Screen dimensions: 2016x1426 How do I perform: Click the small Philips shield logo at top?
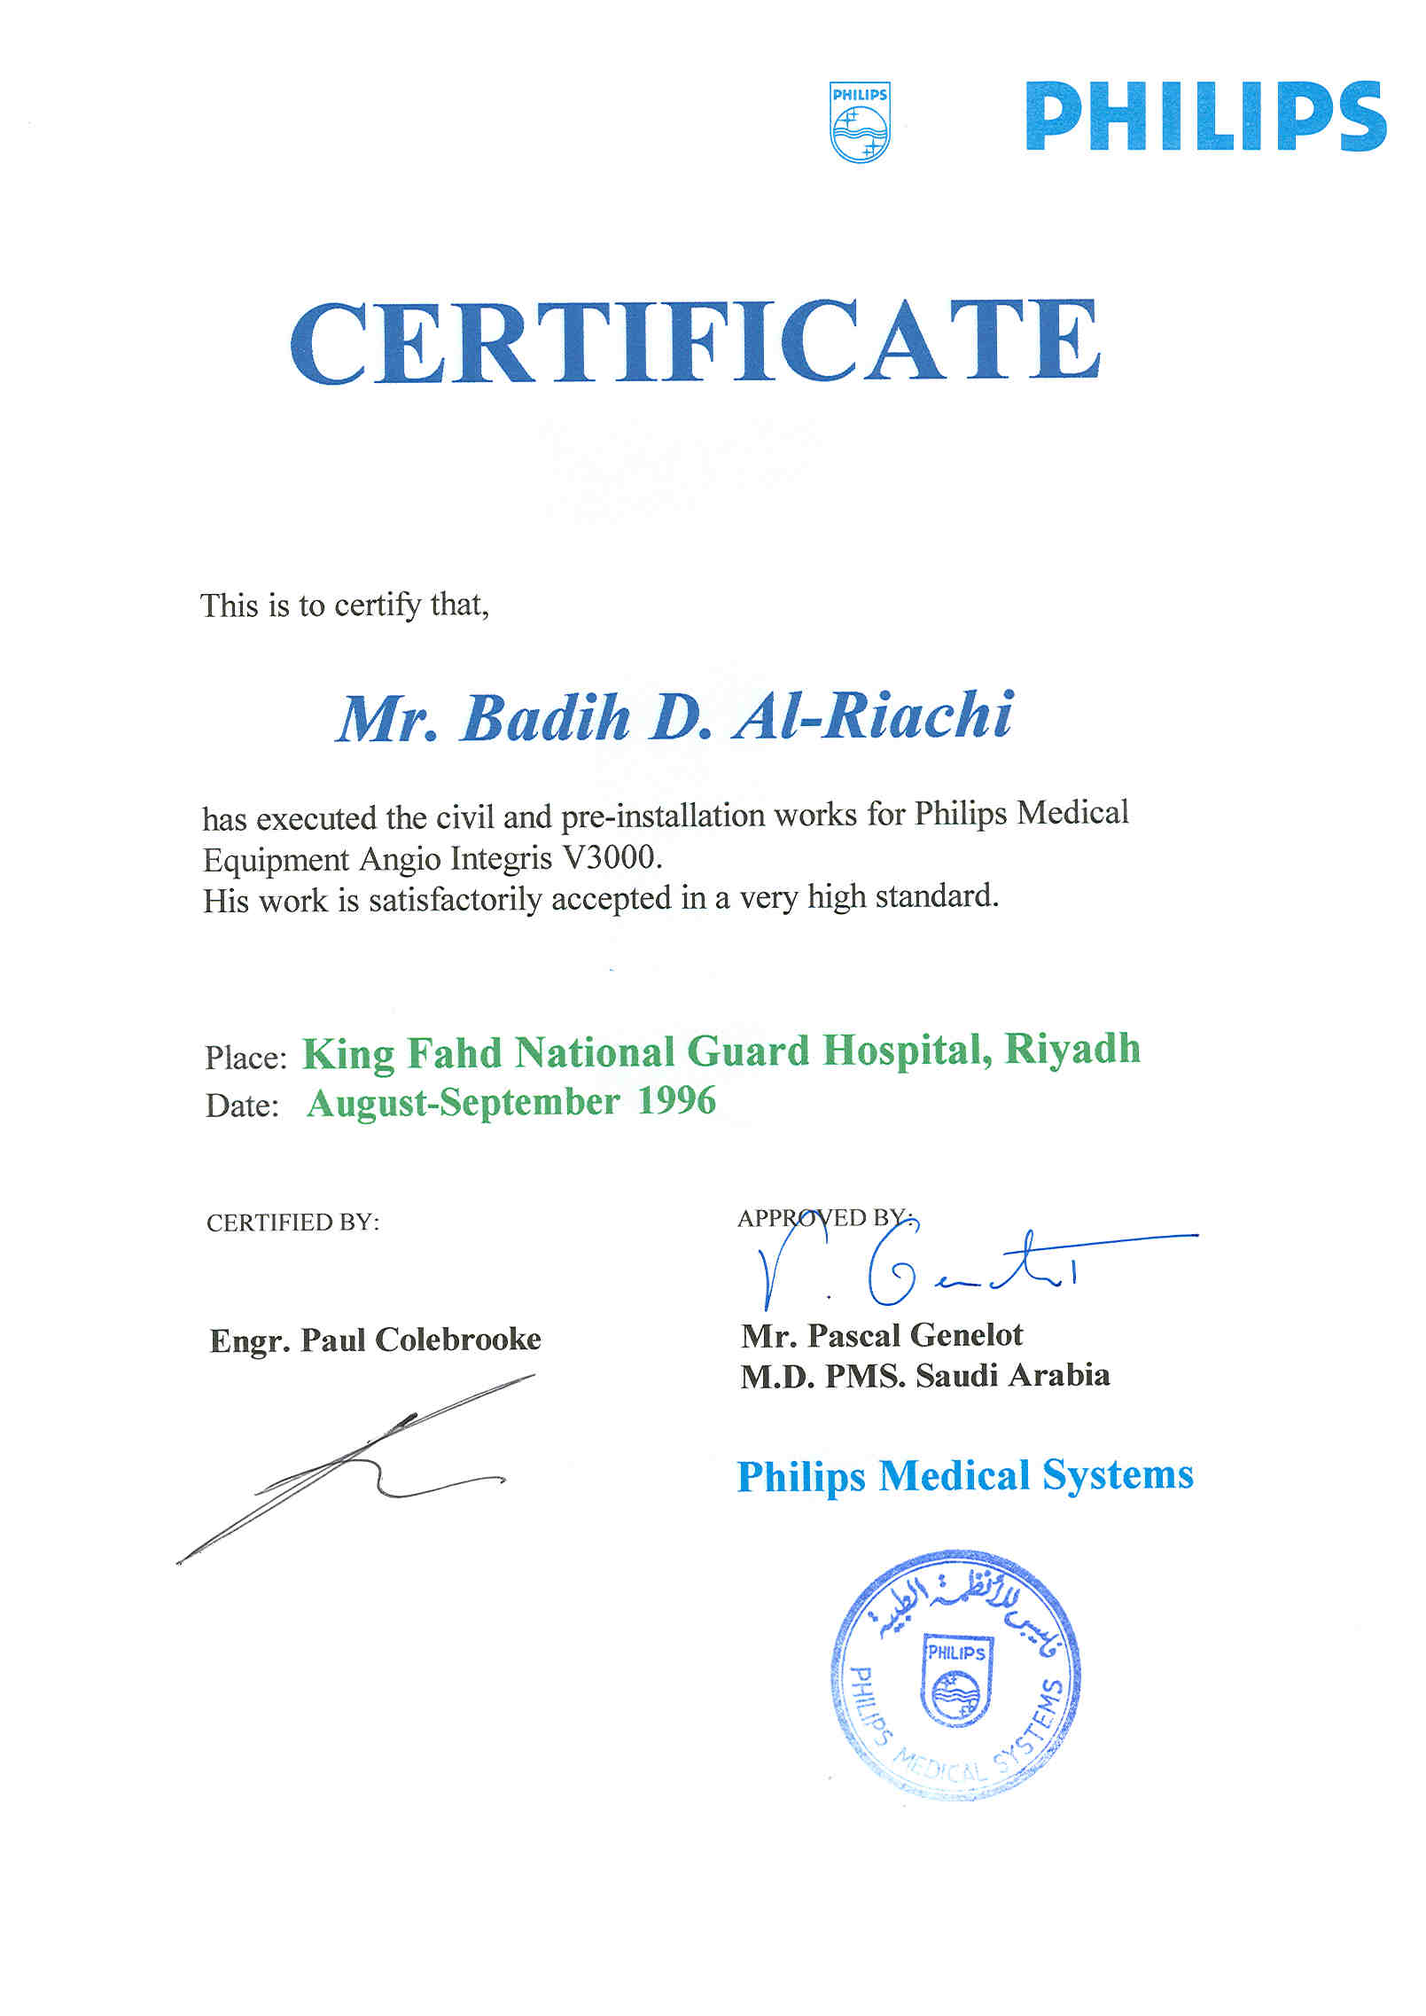pyautogui.click(x=860, y=122)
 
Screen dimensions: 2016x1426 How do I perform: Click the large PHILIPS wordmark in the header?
pyautogui.click(x=1205, y=117)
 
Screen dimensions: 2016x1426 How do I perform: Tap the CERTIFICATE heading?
pyautogui.click(x=695, y=343)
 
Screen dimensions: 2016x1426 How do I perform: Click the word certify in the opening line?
pyautogui.click(x=378, y=606)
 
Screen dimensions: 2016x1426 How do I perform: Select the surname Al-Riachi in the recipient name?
pyautogui.click(x=873, y=716)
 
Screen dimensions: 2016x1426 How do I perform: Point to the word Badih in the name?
pyautogui.click(x=546, y=718)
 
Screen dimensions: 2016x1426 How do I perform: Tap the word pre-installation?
pyautogui.click(x=663, y=815)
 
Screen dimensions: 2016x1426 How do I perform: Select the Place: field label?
pyautogui.click(x=245, y=1058)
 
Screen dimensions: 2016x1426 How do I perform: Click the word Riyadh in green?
pyautogui.click(x=1072, y=1050)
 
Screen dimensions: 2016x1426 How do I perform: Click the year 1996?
pyautogui.click(x=677, y=1101)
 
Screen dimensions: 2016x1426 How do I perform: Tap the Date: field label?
pyautogui.click(x=242, y=1106)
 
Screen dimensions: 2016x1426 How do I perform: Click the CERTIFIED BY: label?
pyautogui.click(x=292, y=1223)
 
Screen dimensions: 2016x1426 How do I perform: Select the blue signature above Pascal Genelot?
pyautogui.click(x=913, y=1266)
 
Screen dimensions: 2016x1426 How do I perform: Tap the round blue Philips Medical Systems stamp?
pyautogui.click(x=955, y=1675)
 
